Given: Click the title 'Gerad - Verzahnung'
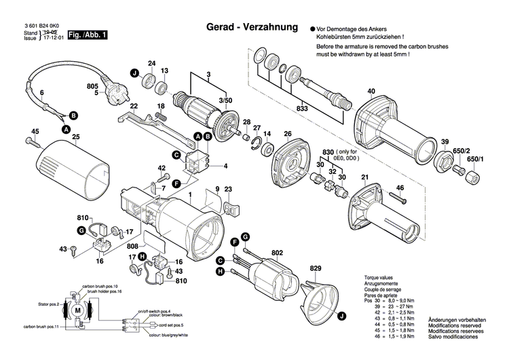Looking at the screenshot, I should (252, 28).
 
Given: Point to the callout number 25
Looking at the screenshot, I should (76, 138).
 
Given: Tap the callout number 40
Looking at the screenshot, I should (371, 91).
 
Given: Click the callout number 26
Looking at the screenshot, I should (287, 133).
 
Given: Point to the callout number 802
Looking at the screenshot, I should (277, 253).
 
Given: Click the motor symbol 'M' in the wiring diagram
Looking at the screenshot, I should (76, 310).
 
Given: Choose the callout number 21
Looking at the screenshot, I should (364, 178).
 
